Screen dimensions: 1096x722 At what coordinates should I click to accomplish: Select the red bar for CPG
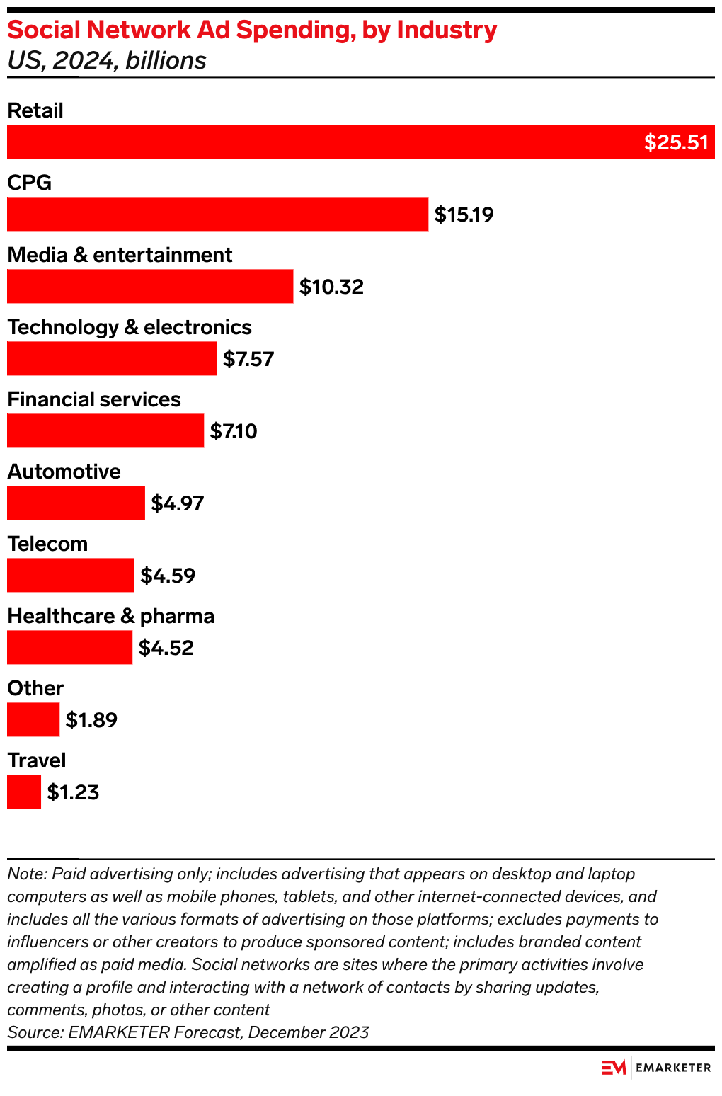[x=217, y=214]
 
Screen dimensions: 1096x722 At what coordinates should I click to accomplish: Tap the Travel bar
[x=24, y=792]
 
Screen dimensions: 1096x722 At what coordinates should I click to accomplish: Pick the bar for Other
[x=33, y=719]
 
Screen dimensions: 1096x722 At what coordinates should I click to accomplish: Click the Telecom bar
[x=70, y=575]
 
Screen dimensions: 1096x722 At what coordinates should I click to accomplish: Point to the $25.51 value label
[x=675, y=142]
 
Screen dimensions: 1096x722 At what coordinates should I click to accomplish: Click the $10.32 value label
[x=331, y=287]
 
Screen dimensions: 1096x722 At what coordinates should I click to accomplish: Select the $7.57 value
[x=248, y=359]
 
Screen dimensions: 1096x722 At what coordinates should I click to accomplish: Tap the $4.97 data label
[x=178, y=503]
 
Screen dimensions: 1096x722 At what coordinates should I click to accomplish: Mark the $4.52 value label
[x=166, y=648]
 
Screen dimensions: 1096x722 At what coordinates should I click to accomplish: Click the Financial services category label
[x=94, y=399]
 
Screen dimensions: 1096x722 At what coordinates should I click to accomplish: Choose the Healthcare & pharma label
[x=110, y=616]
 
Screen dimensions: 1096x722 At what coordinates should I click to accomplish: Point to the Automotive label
[x=64, y=472]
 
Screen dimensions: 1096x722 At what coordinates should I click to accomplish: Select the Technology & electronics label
[x=130, y=327]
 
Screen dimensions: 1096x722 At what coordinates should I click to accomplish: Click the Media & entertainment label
[x=120, y=255]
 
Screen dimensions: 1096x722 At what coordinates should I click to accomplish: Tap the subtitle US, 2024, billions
[x=107, y=61]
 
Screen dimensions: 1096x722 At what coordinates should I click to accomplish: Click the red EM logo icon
[x=614, y=1067]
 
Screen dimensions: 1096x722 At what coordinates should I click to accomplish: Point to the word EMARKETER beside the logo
[x=673, y=1068]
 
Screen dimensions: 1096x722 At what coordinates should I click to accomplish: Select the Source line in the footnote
[x=188, y=1032]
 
